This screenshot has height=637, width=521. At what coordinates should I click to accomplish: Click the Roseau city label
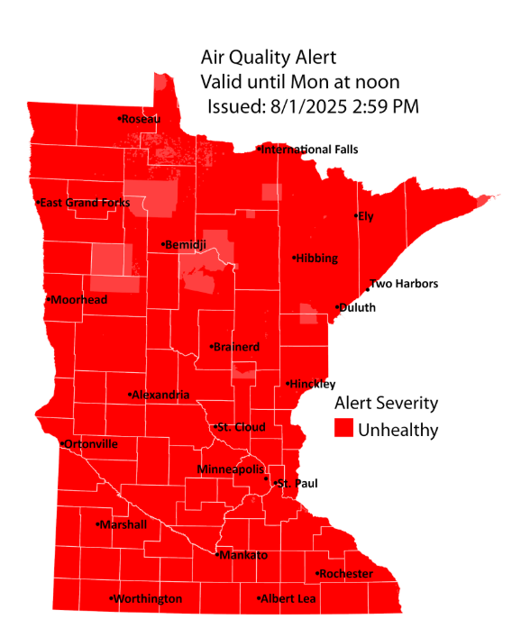click(x=141, y=119)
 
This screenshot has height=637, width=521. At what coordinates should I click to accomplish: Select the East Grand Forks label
click(x=84, y=203)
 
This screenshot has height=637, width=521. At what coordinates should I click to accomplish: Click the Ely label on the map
click(x=364, y=216)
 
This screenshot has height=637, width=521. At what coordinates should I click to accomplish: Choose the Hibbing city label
click(x=315, y=259)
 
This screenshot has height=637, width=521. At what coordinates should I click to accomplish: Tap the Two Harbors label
click(x=404, y=284)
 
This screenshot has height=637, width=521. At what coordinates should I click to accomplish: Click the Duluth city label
click(x=357, y=307)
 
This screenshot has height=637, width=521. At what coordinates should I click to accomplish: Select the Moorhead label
click(x=79, y=299)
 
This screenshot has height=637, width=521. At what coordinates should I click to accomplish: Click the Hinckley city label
click(x=312, y=384)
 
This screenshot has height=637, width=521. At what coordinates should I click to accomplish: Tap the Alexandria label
click(x=161, y=395)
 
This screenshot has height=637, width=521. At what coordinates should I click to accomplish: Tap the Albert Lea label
click(x=288, y=598)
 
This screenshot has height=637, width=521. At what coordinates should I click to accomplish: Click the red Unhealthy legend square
click(x=343, y=429)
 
